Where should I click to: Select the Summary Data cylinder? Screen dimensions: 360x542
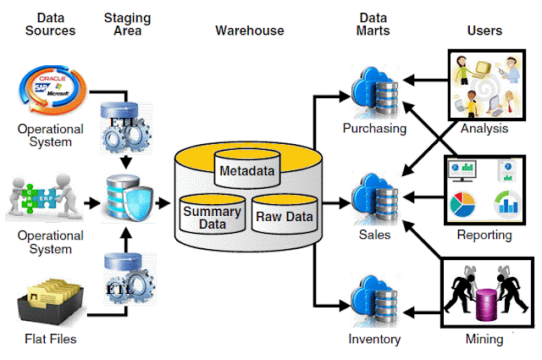(x=212, y=217)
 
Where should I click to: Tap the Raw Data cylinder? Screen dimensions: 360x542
(x=284, y=217)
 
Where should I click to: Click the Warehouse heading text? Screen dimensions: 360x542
(x=249, y=30)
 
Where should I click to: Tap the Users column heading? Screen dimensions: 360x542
(x=484, y=30)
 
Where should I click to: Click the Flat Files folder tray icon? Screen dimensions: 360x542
(x=50, y=301)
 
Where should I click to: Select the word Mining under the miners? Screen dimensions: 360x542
(x=484, y=340)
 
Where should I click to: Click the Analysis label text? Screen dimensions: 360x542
(x=484, y=130)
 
